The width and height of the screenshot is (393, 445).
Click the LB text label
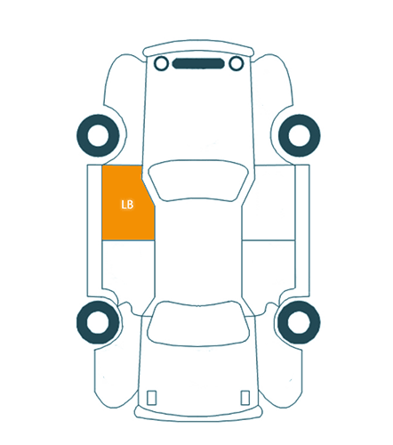pyautogui.click(x=127, y=205)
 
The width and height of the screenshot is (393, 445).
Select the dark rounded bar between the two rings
pyautogui.click(x=198, y=63)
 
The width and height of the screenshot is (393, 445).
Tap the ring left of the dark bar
pyautogui.click(x=161, y=63)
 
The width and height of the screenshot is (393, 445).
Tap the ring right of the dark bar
pyautogui.click(x=237, y=63)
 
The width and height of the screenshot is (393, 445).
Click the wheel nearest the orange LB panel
pyautogui.click(x=98, y=135)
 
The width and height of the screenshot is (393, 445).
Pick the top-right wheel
pyautogui.click(x=300, y=135)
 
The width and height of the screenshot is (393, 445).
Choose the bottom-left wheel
pyautogui.click(x=98, y=322)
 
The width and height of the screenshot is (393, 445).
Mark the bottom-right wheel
pyautogui.click(x=299, y=322)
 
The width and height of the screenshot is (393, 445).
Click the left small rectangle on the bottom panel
pyautogui.click(x=152, y=398)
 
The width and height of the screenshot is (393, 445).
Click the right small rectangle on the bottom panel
pyautogui.click(x=245, y=398)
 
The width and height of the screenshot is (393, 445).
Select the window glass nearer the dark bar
pyautogui.click(x=198, y=181)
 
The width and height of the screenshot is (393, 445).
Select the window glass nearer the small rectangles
pyautogui.click(x=198, y=323)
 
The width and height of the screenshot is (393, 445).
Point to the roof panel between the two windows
pyautogui.click(x=198, y=252)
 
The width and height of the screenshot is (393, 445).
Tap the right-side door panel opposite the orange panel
pyautogui.click(x=269, y=203)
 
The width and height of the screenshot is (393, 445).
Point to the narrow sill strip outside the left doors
pyautogui.click(x=94, y=231)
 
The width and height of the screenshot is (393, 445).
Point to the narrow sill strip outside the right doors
pyautogui.click(x=302, y=231)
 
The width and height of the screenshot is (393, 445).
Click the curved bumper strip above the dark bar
pyautogui.click(x=198, y=47)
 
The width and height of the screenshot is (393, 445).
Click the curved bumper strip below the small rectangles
pyautogui.click(x=198, y=414)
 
